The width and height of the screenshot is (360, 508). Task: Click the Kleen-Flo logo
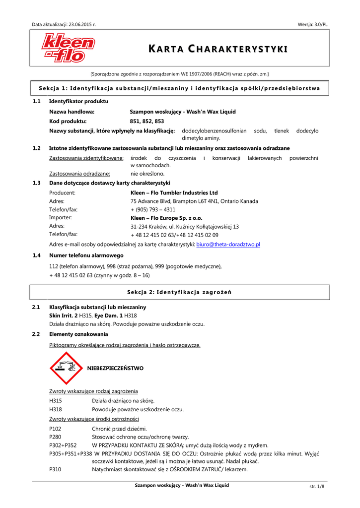coord(68,49)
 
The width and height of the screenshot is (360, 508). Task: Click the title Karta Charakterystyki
coord(218,49)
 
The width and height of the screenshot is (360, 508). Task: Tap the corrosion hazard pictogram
coord(66,368)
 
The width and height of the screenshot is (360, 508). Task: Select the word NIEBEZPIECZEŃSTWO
coord(115,368)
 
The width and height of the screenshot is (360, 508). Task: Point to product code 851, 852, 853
coord(147,121)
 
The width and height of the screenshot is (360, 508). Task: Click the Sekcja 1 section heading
coord(180,88)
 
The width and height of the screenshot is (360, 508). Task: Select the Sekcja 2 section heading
coord(180,292)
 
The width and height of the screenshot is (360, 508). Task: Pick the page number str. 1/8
coord(316,486)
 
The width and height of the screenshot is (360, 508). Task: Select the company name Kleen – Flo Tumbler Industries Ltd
coord(174,192)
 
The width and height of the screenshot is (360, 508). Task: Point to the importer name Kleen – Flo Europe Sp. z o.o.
coord(166,218)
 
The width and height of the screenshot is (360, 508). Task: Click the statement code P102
coord(56,429)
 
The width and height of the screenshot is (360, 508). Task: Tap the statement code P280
coord(56,437)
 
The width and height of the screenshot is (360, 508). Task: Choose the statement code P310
coord(56,470)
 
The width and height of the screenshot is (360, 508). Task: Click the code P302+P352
coord(63,445)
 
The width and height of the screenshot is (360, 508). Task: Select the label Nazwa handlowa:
coord(72,112)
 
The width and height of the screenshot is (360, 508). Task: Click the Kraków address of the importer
coord(185,226)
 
